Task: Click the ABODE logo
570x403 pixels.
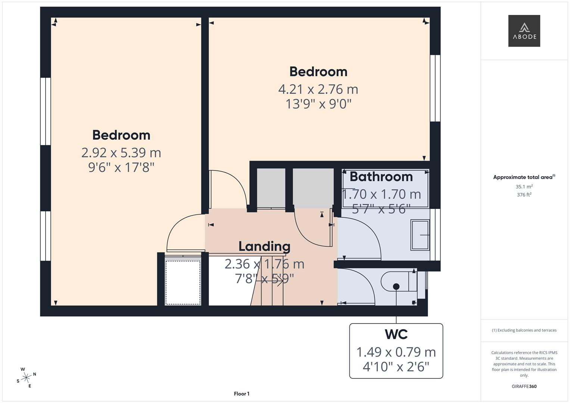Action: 524,31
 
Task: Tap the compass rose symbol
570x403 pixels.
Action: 26,378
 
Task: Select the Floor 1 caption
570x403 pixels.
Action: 242,394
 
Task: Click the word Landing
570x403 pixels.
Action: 264,246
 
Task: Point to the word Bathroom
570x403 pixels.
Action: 381,176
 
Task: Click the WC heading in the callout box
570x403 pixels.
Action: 396,334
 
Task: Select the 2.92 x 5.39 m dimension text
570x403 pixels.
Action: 121,153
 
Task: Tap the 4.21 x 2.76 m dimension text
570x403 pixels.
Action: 318,89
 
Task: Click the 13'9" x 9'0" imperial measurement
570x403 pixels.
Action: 318,104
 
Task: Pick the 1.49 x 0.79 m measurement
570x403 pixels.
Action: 396,352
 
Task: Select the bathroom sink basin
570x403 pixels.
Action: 420,235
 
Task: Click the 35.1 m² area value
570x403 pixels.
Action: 524,187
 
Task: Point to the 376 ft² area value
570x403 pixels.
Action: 524,195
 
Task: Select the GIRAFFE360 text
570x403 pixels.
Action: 524,386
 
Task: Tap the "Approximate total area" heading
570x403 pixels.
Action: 524,177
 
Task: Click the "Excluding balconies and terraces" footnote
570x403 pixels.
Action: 524,330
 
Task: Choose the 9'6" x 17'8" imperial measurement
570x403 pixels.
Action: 121,168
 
